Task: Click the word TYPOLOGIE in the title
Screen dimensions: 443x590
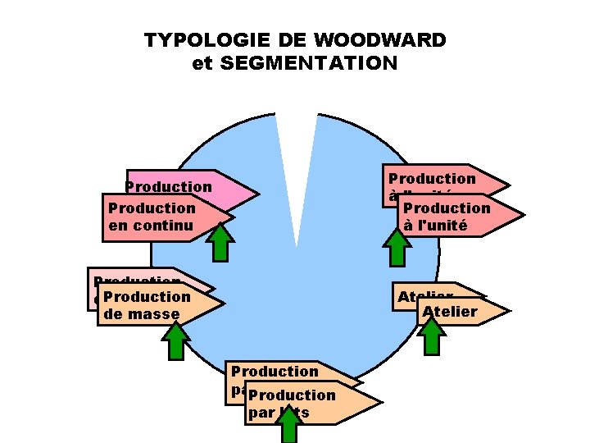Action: [189, 40]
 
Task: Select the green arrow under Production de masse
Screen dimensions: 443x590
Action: [176, 340]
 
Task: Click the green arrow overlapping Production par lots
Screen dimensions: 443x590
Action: [288, 426]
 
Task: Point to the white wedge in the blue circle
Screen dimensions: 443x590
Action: [296, 164]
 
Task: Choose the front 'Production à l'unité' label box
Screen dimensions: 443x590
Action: [455, 217]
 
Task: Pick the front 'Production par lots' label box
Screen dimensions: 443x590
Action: [303, 403]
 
